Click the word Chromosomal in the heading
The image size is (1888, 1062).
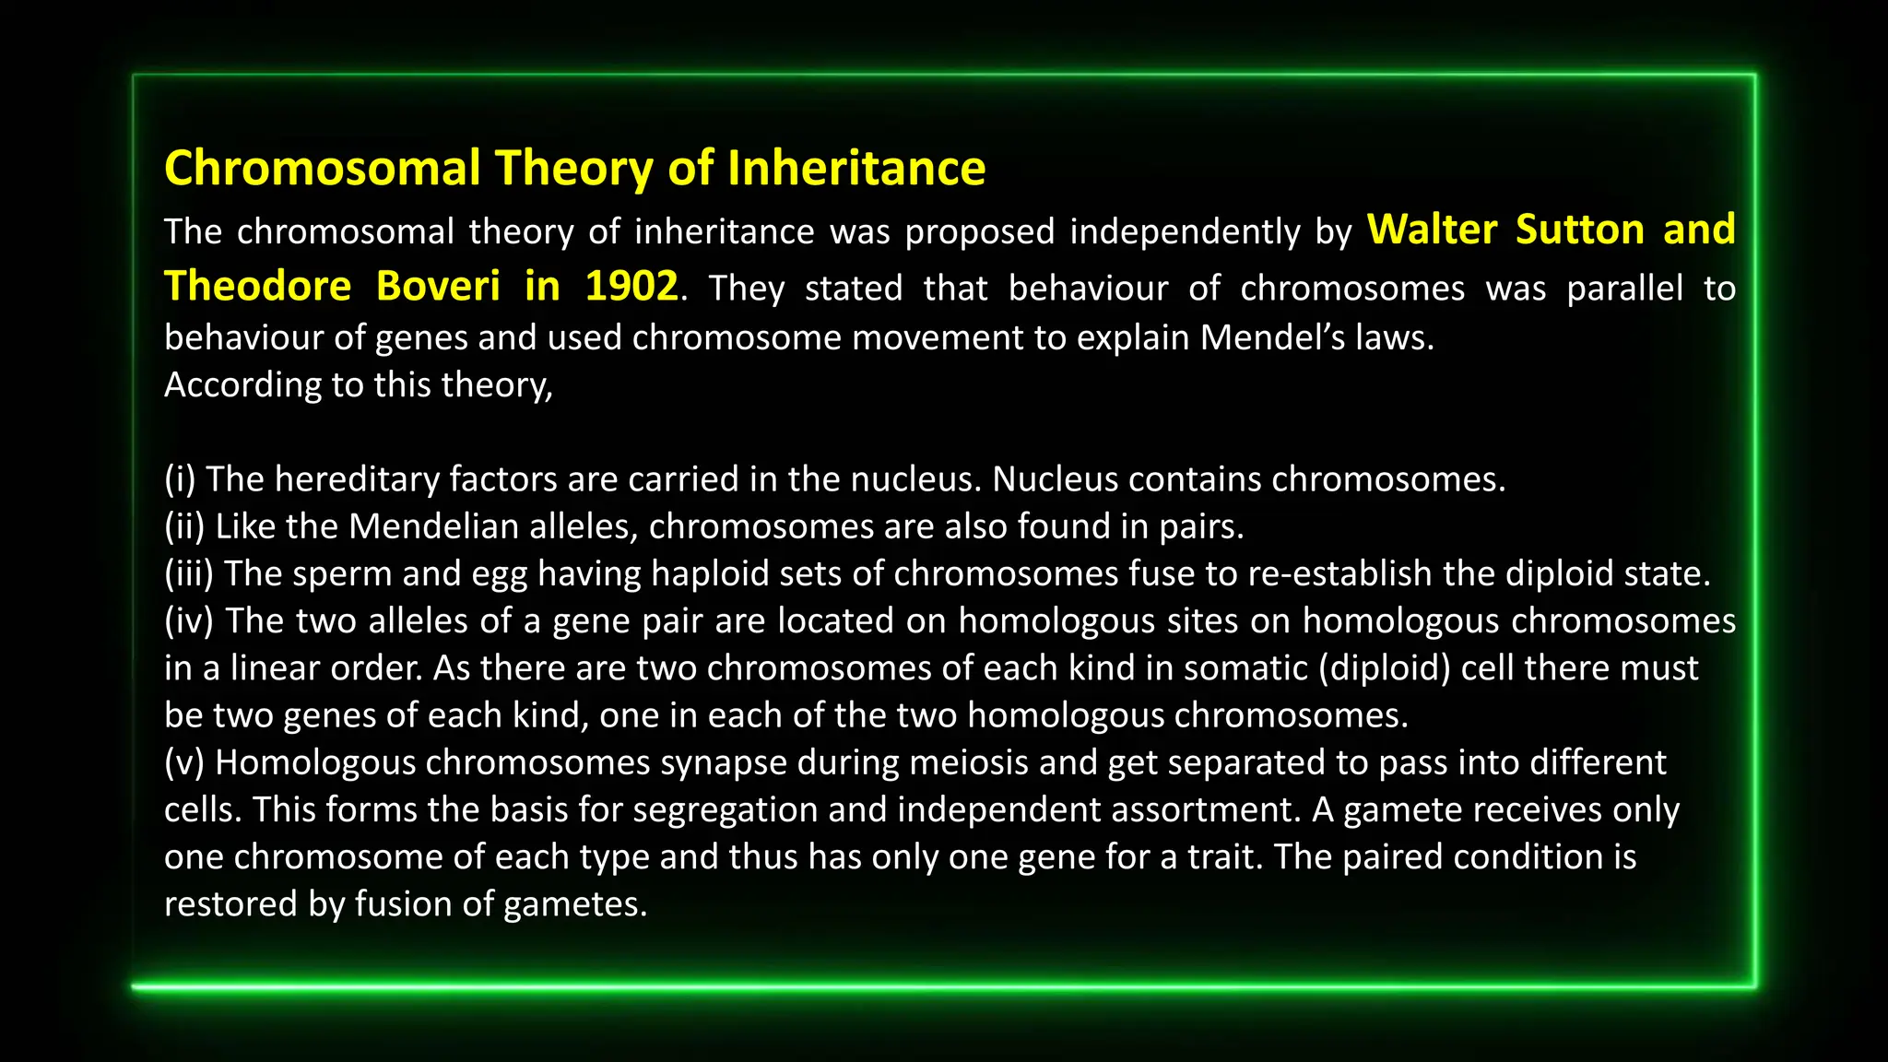323,169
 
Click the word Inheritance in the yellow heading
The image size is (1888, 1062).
856,169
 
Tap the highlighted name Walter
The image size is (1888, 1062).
1433,230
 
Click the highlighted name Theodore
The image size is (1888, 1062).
258,286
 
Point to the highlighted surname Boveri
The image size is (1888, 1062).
438,286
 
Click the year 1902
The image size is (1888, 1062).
631,286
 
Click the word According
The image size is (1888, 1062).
242,385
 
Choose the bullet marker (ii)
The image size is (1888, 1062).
184,526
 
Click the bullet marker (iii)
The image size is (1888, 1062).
189,574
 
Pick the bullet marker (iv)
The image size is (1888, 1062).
189,621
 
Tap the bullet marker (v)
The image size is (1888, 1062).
184,762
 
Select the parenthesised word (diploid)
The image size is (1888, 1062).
1385,668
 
